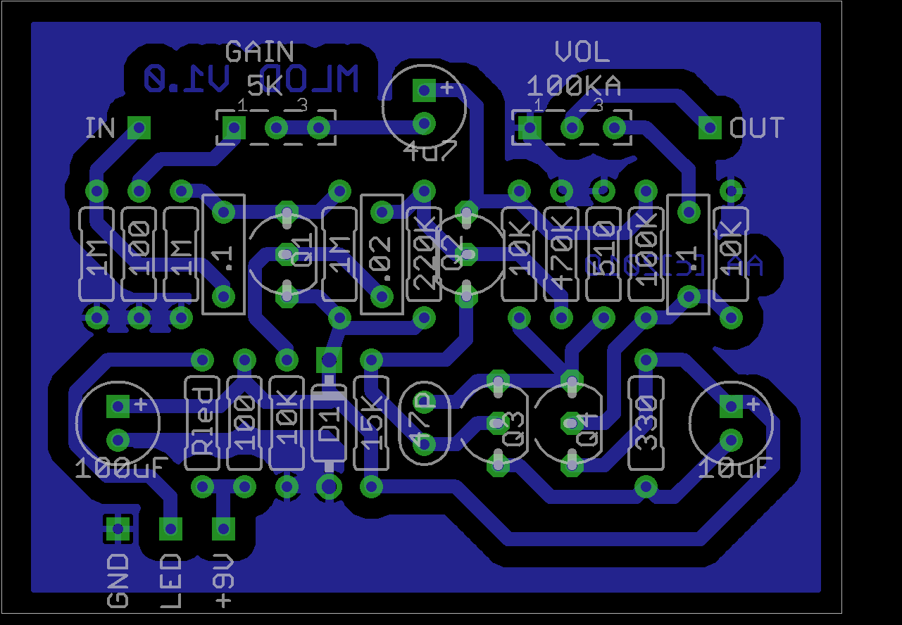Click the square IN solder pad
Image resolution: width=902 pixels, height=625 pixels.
139,128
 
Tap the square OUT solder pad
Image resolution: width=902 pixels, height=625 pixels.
710,128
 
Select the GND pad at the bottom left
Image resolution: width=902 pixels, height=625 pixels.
118,528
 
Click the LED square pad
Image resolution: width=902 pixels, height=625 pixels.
170,528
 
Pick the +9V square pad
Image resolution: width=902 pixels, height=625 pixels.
223,528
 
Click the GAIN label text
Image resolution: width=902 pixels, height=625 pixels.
259,52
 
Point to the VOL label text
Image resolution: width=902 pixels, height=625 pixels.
582,52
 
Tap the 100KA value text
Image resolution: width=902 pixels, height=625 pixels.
574,86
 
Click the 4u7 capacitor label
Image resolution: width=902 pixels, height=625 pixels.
430,150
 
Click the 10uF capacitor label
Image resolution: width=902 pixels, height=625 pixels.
735,467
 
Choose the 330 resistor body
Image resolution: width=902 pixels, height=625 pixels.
646,422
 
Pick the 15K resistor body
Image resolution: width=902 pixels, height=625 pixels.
371,422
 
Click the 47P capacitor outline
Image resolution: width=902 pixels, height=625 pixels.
424,422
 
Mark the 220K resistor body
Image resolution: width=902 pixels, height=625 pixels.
424,254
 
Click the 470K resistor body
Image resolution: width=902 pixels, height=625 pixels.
561,254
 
